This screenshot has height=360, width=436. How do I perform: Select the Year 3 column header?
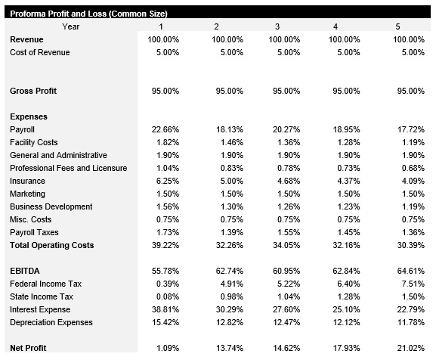pyautogui.click(x=277, y=26)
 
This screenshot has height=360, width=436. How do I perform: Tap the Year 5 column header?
pyautogui.click(x=397, y=26)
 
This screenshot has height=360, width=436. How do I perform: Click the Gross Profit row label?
pyautogui.click(x=33, y=91)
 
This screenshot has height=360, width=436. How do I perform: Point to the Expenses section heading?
pyautogui.click(x=29, y=116)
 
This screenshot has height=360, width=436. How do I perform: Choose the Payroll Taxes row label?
pyautogui.click(x=34, y=232)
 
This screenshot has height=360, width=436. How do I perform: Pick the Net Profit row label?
pyautogui.click(x=28, y=348)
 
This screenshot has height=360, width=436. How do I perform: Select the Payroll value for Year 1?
pyautogui.click(x=165, y=129)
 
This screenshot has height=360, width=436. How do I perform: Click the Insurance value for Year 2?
pyautogui.click(x=229, y=181)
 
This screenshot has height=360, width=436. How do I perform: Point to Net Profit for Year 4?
pyautogui.click(x=350, y=348)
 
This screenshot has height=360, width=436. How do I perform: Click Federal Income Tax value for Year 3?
pyautogui.click(x=288, y=284)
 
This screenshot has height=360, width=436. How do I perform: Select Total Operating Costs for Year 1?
pyautogui.click(x=165, y=245)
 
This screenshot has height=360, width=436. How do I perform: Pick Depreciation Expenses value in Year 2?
pyautogui.click(x=229, y=322)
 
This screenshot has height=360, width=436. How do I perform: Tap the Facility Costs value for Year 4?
pyautogui.click(x=350, y=142)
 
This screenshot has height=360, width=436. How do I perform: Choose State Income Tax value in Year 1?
pyautogui.click(x=167, y=296)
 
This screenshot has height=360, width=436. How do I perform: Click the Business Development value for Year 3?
pyautogui.click(x=288, y=206)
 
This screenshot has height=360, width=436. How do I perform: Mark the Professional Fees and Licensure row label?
pyautogui.click(x=68, y=168)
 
